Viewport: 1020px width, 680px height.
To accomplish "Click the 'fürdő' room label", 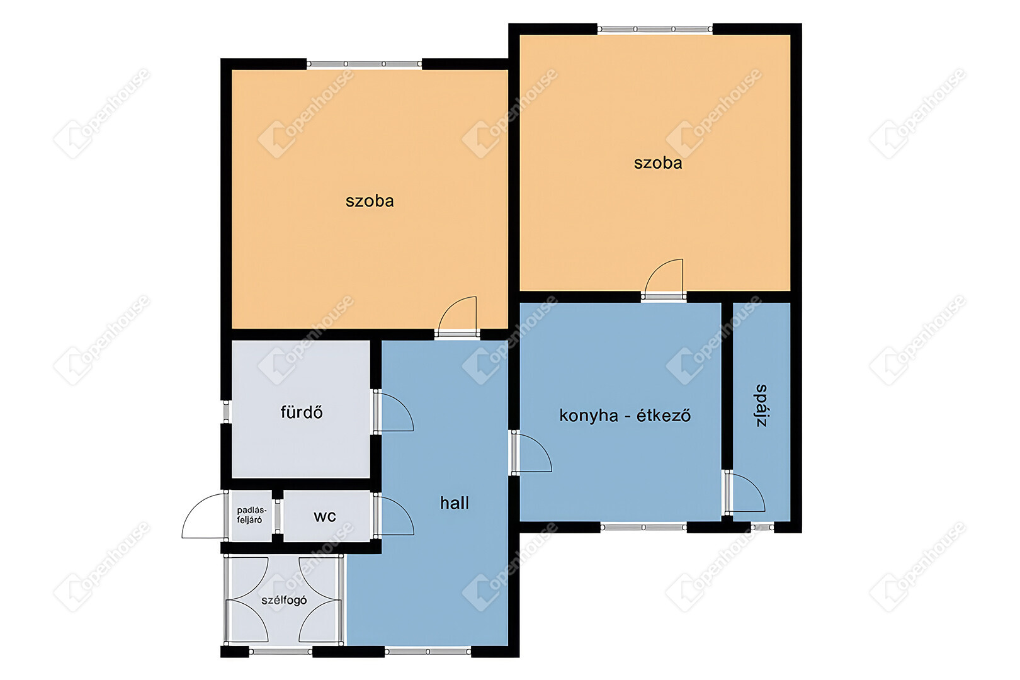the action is tap(302, 412).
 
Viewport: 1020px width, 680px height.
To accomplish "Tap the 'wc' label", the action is tap(325, 516).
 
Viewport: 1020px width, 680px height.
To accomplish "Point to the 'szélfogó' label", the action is tap(284, 600).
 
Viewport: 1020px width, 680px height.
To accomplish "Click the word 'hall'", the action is tap(455, 503).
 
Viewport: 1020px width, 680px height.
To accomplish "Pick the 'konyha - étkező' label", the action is tap(625, 416).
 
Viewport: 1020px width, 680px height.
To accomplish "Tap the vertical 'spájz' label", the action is tap(761, 405).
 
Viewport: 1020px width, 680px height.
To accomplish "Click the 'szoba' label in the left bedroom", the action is tap(370, 201).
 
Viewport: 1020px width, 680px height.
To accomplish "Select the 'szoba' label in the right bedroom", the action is tap(658, 163).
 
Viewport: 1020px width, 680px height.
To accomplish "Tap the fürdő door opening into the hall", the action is tap(394, 412).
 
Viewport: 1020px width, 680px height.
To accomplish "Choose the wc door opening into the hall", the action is tap(394, 515).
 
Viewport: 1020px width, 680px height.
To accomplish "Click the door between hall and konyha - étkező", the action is tap(532, 452).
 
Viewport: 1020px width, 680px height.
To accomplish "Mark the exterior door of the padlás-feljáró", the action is tap(204, 516).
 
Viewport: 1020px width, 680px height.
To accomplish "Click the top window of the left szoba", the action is tap(365, 64).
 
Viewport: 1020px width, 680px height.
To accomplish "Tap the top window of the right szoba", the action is tap(655, 29).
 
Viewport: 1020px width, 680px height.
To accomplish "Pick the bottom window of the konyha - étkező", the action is tap(643, 528).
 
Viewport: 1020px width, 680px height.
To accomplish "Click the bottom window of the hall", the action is tap(428, 652).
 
